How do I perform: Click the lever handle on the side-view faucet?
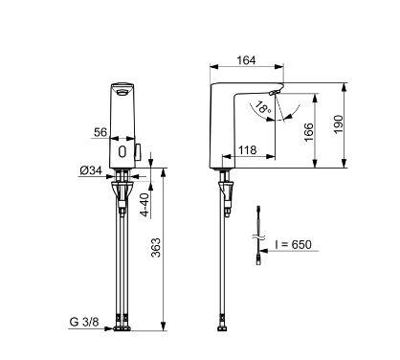(275, 92)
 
